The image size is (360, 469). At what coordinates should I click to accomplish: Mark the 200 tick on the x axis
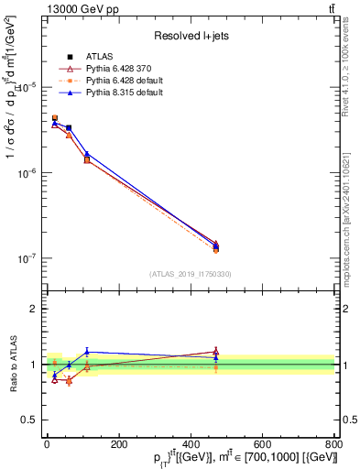tap(118, 444)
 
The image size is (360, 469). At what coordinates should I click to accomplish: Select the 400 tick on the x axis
tap(191, 444)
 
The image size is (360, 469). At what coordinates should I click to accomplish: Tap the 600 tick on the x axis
tap(262, 444)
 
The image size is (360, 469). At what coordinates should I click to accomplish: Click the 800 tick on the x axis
tap(333, 444)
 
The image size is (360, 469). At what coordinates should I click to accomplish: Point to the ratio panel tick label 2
tap(33, 309)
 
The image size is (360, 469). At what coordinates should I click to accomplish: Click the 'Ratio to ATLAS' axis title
tap(12, 364)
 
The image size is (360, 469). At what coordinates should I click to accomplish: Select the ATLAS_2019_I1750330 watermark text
tap(190, 274)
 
